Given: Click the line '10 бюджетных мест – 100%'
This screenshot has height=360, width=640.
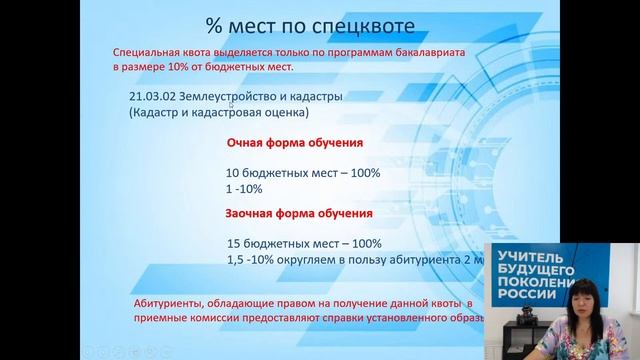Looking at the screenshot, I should tap(303, 172).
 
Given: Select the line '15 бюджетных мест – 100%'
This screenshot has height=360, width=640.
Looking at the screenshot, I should tap(304, 243).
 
